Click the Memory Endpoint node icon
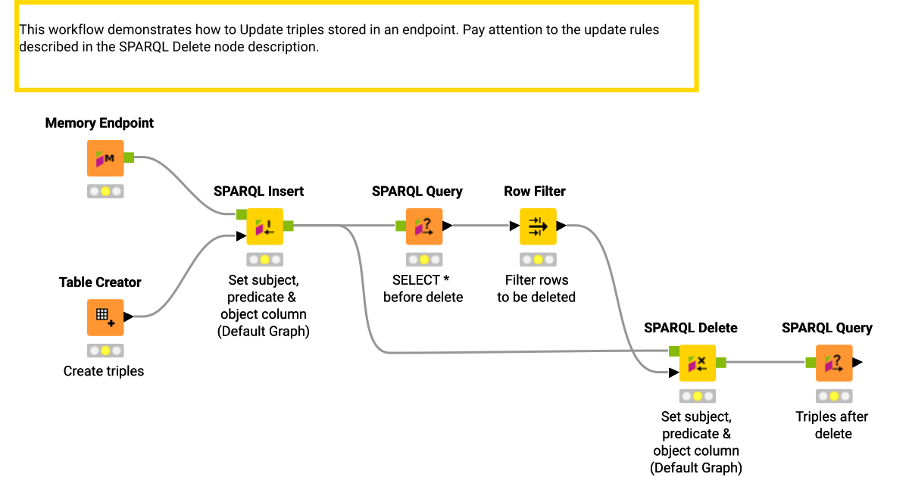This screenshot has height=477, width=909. click(105, 158)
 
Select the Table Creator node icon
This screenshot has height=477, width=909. click(105, 317)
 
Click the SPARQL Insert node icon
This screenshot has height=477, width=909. click(264, 226)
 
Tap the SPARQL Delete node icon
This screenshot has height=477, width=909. click(697, 363)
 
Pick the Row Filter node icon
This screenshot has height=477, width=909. click(537, 226)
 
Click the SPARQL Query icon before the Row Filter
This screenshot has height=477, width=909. click(423, 226)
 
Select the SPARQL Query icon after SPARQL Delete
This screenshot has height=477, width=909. click(833, 363)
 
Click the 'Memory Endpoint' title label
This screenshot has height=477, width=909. click(99, 123)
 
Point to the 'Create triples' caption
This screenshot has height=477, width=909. click(104, 371)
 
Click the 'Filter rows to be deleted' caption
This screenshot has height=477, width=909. click(536, 288)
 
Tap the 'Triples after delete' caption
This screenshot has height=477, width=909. click(832, 425)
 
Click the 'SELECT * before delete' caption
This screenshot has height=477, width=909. click(423, 288)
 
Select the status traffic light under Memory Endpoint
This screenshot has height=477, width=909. click(105, 192)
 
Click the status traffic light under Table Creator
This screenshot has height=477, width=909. click(105, 351)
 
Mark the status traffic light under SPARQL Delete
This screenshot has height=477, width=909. click(697, 396)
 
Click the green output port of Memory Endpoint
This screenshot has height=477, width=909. click(129, 157)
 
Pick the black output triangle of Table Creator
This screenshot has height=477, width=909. click(128, 317)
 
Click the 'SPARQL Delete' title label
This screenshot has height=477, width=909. click(690, 328)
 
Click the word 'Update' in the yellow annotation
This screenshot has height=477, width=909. click(261, 30)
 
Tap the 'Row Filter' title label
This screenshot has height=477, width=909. click(535, 192)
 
